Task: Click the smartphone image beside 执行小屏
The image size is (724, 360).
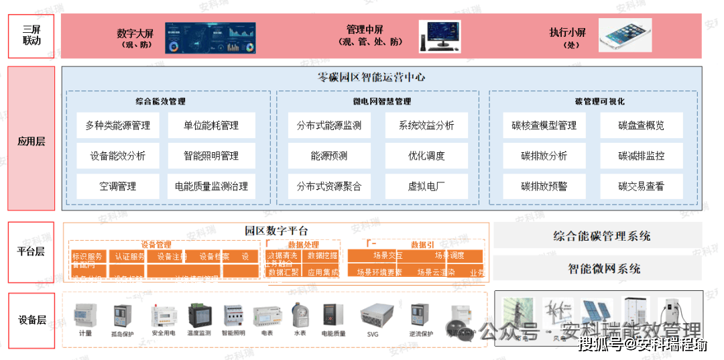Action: pyautogui.click(x=625, y=36)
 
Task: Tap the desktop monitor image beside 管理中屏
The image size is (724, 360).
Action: pyautogui.click(x=440, y=36)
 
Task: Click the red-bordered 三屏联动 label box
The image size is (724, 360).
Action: pyautogui.click(x=31, y=36)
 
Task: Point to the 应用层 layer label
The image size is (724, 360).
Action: pyautogui.click(x=31, y=141)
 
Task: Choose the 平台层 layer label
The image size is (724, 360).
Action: pyautogui.click(x=31, y=252)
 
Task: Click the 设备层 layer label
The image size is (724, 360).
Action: pyautogui.click(x=31, y=320)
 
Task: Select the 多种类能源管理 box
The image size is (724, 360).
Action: pyautogui.click(x=118, y=125)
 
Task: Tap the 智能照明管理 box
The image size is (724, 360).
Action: pyautogui.click(x=211, y=156)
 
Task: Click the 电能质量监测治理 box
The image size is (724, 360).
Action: pyautogui.click(x=211, y=186)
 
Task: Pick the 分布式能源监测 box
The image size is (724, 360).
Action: pyautogui.click(x=328, y=125)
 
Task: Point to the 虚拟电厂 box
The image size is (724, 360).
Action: pyautogui.click(x=426, y=186)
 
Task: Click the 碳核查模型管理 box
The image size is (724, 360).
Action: pyautogui.click(x=544, y=125)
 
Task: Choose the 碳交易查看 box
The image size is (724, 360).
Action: pyautogui.click(x=641, y=186)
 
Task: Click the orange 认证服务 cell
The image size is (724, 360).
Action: pyautogui.click(x=129, y=256)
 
